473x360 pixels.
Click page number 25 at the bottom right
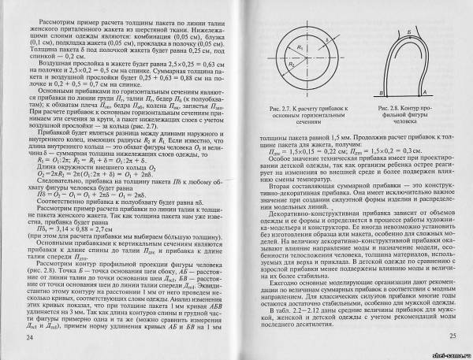(x=443, y=337)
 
